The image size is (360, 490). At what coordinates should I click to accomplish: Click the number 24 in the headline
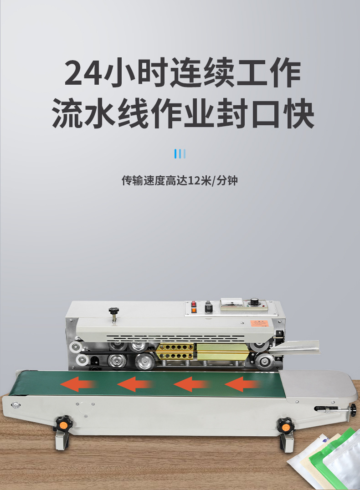(83, 72)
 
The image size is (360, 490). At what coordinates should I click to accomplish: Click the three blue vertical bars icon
(180, 154)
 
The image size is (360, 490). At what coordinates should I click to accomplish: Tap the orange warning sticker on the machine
(259, 323)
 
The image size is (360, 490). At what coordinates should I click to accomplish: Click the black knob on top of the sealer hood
(114, 311)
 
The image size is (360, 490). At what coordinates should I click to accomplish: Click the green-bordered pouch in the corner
(332, 459)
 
